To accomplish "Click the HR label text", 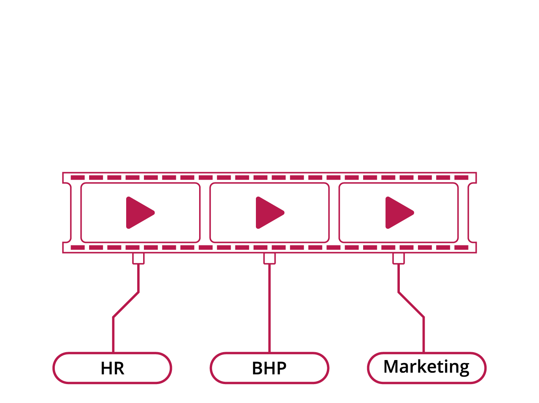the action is (112, 368).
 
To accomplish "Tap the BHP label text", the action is (269, 368).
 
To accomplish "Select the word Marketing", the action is (426, 367).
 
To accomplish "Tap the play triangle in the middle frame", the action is (270, 213).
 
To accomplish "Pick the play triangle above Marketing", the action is (399, 213).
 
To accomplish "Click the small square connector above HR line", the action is (138, 259).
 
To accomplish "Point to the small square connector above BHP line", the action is (269, 259).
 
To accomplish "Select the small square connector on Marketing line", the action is (398, 259).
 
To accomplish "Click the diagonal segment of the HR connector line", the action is (126, 305).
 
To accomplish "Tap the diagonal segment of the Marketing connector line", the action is (411, 305).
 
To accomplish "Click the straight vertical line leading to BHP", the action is (269, 308).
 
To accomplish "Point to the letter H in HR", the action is (106, 368).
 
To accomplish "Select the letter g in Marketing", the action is (464, 370).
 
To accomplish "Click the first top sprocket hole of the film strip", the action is (78, 178).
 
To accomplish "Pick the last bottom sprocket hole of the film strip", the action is (461, 247).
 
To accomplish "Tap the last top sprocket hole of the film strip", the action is (461, 178).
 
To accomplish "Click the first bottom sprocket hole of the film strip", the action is (78, 247).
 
